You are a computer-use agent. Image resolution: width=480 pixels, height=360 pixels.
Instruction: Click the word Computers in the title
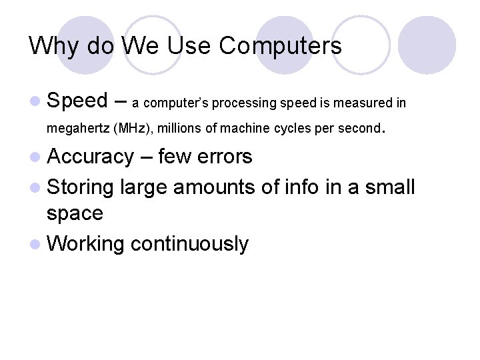280,46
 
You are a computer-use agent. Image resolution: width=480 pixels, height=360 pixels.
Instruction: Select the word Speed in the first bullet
77,101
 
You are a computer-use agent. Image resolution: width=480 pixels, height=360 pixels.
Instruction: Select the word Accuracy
91,157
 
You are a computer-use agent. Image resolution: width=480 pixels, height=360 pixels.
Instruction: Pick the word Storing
81,187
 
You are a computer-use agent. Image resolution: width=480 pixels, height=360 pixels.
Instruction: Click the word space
75,213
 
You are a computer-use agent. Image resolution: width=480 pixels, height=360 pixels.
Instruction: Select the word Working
86,243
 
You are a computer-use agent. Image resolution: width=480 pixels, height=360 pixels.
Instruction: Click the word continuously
189,243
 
